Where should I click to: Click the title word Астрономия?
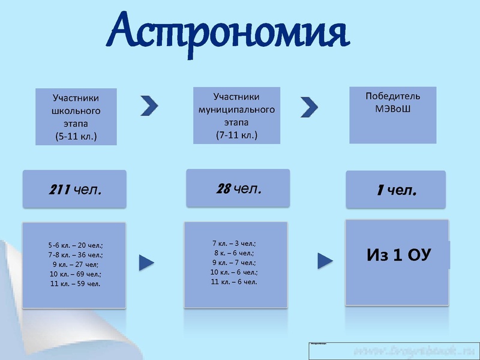click(228, 31)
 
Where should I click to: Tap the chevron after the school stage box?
click(149, 105)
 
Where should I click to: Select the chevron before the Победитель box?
click(309, 106)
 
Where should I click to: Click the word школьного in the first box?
click(76, 111)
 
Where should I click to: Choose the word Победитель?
click(392, 96)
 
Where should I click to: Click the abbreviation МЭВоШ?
click(392, 109)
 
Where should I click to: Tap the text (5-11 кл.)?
click(76, 137)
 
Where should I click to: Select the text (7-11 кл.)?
click(236, 136)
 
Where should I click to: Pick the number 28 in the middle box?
click(223, 188)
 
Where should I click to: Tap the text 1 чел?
click(396, 191)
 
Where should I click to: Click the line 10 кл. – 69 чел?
click(76, 274)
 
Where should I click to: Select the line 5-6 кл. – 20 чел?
click(76, 245)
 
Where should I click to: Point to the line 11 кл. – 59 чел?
click(76, 283)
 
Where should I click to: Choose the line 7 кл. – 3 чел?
click(234, 243)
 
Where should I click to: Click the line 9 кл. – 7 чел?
click(234, 262)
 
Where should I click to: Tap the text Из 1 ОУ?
click(398, 256)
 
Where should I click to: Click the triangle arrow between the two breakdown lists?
click(146, 262)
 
